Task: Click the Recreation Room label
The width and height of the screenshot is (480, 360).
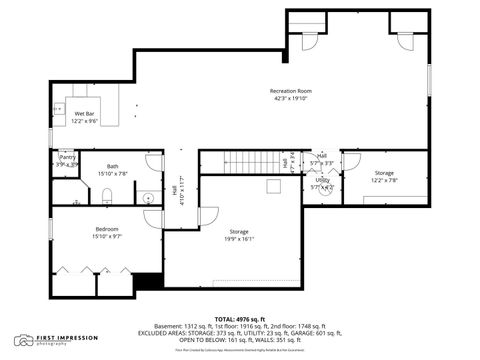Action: pos(290,91)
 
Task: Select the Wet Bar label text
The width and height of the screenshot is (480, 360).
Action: pos(85,114)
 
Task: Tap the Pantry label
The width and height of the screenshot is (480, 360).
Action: pos(67,157)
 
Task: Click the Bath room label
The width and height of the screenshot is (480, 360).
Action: pos(113,166)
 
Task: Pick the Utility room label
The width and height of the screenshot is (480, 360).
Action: pos(322,180)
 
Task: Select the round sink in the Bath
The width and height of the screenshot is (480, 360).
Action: pos(148,197)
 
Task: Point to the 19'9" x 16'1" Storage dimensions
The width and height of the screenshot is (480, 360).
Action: pos(239,239)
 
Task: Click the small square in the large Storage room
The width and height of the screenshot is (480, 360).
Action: pos(273,186)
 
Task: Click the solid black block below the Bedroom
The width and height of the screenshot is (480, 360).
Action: pos(148,283)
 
